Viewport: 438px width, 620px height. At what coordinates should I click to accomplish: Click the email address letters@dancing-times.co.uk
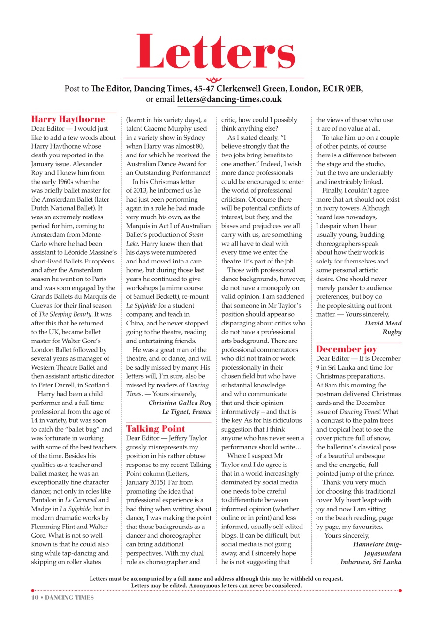pos(229,99)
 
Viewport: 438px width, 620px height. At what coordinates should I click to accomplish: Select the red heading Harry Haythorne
pos(68,119)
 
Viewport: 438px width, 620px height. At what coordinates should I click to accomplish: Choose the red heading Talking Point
pos(155,428)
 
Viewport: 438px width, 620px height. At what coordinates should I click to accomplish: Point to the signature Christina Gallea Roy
pos(180,403)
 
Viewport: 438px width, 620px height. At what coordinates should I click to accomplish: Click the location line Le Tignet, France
pos(186,412)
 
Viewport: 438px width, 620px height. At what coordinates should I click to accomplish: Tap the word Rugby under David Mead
pos(392,332)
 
